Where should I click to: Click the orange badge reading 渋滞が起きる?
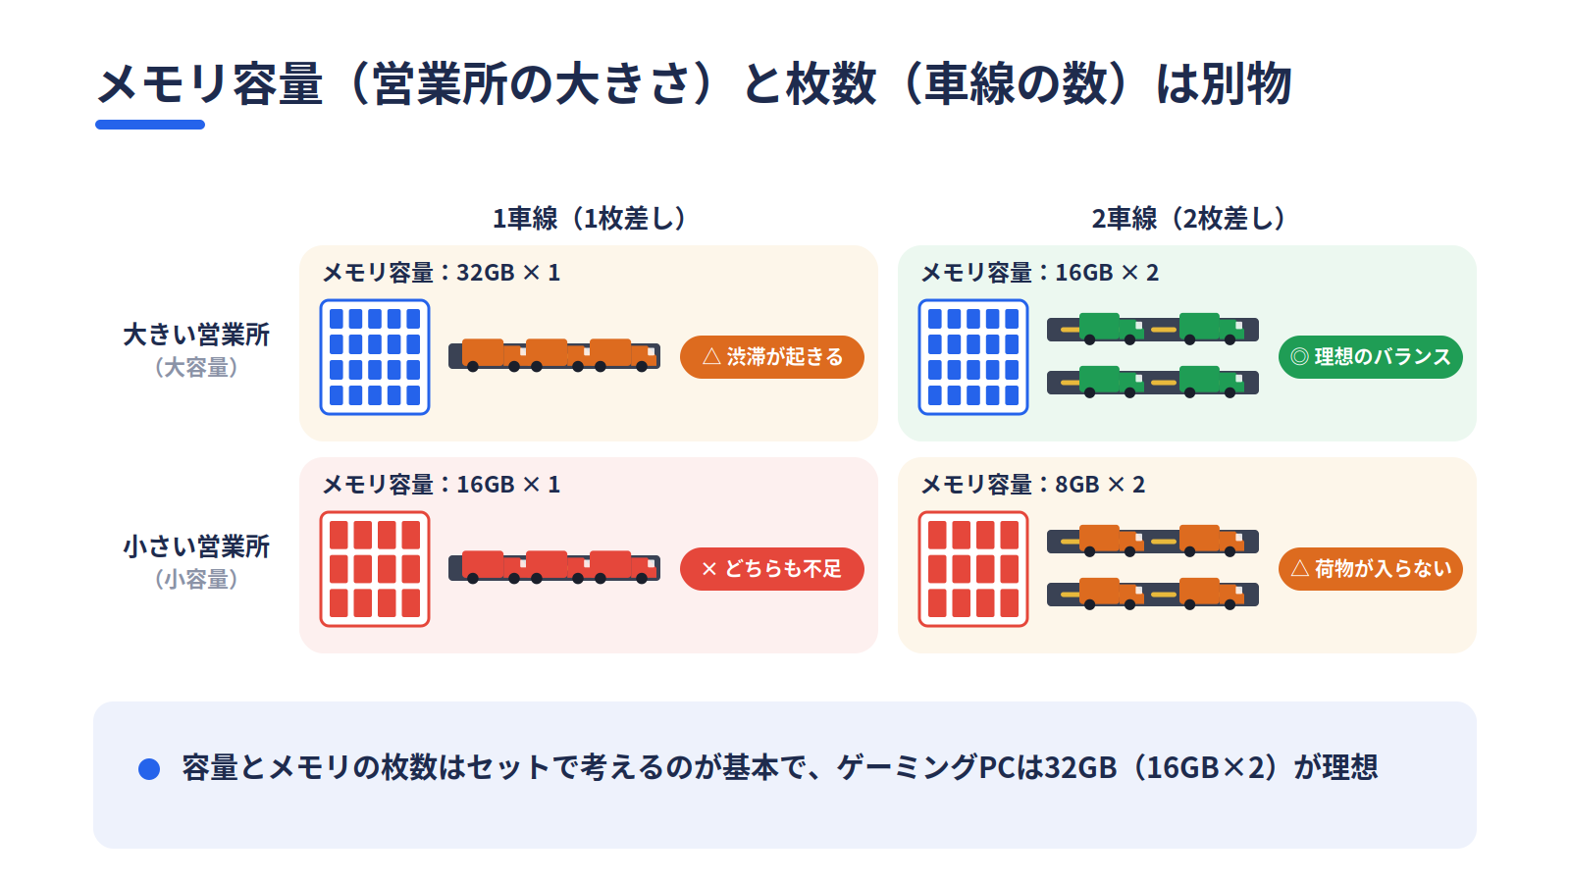tap(771, 357)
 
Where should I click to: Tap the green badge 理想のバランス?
tap(1370, 357)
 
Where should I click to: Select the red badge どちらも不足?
tap(771, 568)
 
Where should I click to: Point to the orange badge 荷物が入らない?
tap(1370, 568)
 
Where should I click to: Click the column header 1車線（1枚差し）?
tap(589, 219)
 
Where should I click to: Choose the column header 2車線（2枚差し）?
tap(1187, 219)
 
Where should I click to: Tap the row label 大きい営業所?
tap(196, 335)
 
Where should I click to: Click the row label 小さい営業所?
tap(196, 546)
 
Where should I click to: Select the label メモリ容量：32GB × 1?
tap(441, 273)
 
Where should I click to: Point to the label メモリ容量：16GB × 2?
tap(1039, 273)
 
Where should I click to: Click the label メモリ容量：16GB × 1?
tap(441, 485)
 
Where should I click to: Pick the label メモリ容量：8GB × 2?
tap(1032, 485)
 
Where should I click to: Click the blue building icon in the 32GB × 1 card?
tap(375, 357)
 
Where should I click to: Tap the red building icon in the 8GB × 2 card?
tap(973, 569)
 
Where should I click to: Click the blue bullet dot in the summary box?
tap(149, 769)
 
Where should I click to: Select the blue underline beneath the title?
tap(150, 125)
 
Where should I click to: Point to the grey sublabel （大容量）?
tap(196, 367)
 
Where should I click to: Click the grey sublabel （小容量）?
tap(196, 579)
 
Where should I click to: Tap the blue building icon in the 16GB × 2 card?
tap(973, 357)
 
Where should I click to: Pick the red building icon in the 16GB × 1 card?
tap(375, 569)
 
